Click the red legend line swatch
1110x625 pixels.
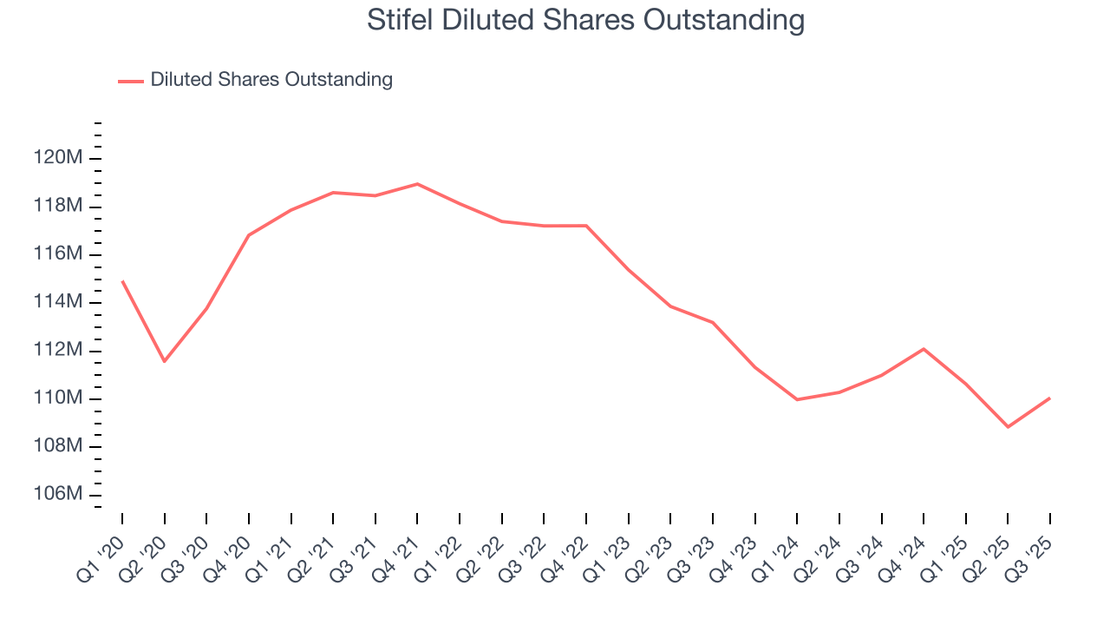tap(130, 81)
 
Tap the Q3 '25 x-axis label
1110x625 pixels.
tap(1028, 552)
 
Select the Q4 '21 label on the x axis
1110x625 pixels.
tap(395, 552)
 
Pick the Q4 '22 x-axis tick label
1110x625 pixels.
tap(565, 552)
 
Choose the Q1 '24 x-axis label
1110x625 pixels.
tap(775, 552)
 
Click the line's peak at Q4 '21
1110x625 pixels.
tap(417, 184)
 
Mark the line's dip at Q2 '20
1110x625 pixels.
tap(164, 361)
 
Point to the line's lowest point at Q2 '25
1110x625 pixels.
tap(1008, 427)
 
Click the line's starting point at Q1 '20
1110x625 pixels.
tap(122, 281)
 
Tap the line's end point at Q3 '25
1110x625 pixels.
tap(1050, 398)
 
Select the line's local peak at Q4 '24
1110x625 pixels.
tap(924, 349)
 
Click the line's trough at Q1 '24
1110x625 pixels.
tap(797, 399)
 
